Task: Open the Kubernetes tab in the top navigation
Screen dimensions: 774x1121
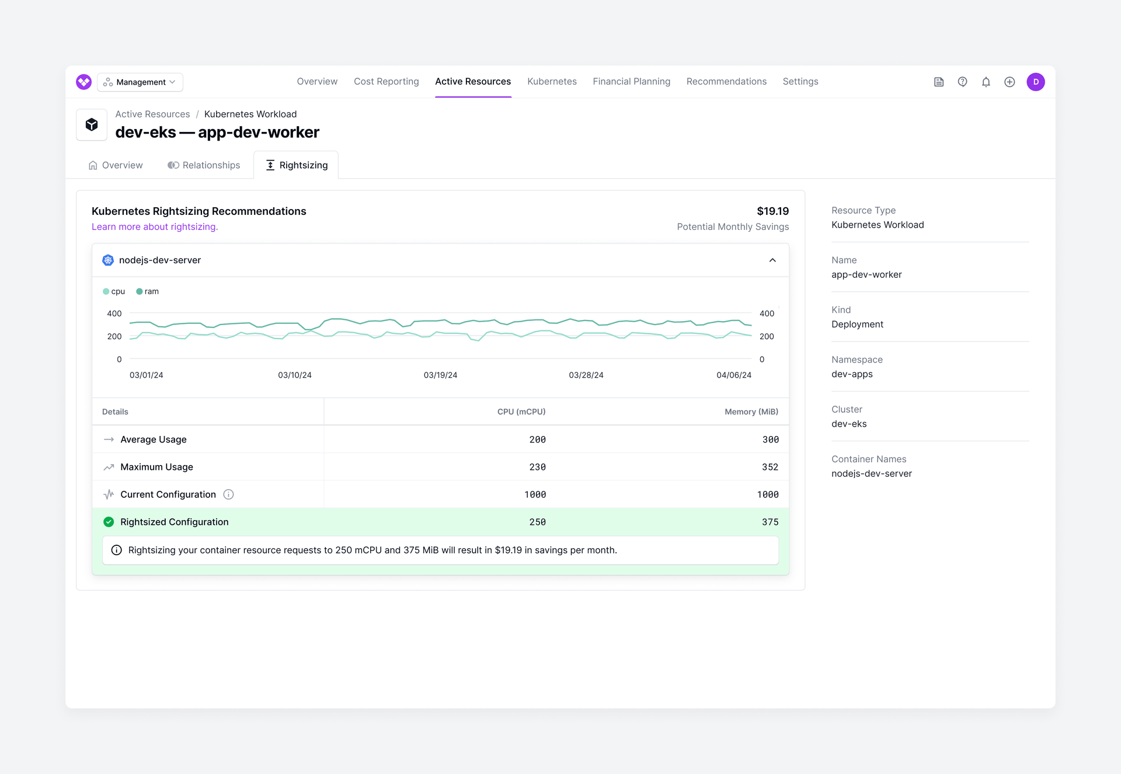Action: (552, 82)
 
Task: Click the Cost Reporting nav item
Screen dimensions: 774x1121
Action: (386, 82)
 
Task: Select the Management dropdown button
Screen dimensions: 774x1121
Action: (140, 82)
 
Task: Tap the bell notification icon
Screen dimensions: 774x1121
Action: (986, 82)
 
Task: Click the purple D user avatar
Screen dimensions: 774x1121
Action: (1035, 82)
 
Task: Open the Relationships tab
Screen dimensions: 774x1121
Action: (204, 165)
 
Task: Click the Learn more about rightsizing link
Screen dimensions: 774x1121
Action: (155, 227)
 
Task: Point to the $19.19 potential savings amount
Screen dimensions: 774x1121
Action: (772, 211)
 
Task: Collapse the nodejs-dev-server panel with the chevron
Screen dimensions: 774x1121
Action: (772, 260)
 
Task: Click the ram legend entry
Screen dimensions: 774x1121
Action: (148, 292)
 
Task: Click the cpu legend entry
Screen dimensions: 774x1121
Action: (114, 292)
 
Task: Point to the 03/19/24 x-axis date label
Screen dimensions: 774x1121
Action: (440, 375)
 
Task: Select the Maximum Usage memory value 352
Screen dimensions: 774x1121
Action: (770, 468)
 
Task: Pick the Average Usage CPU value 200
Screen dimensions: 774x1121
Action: (537, 440)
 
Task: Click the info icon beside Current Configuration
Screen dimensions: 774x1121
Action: (228, 495)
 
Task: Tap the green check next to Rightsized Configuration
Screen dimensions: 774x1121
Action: (109, 522)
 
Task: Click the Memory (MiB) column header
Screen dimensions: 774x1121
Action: (751, 412)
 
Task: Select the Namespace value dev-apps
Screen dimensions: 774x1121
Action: (852, 374)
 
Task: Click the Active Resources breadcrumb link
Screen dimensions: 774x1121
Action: (152, 114)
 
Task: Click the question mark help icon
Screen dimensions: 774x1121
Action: (962, 82)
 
